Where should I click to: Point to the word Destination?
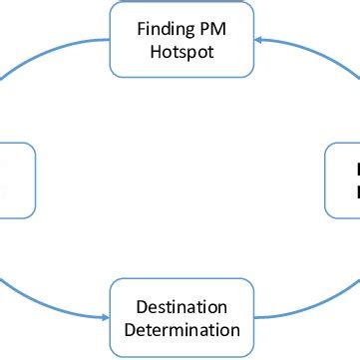[181, 306]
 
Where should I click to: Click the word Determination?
[181, 329]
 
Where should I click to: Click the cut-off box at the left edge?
[16, 180]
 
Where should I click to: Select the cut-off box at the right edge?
[344, 180]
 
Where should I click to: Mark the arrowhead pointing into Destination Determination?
[103, 317]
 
